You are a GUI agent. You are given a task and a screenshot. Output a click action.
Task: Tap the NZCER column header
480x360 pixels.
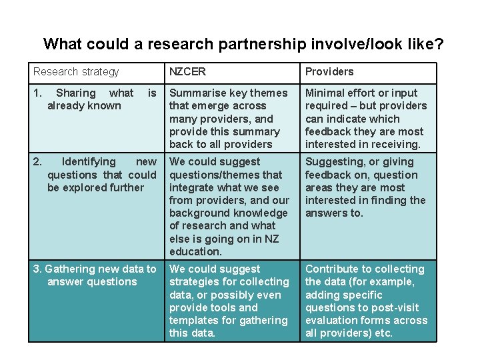(x=187, y=72)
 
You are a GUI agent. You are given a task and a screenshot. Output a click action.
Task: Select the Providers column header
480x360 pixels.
(x=329, y=72)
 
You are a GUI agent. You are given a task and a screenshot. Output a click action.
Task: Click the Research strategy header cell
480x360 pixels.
(x=76, y=72)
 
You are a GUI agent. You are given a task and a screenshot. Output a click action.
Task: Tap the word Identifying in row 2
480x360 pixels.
(x=89, y=162)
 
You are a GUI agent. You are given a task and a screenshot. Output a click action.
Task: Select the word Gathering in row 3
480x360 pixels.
(x=69, y=269)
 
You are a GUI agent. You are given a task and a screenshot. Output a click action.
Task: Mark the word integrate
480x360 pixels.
(x=193, y=187)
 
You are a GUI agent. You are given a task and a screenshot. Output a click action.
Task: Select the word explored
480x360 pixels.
(x=84, y=187)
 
